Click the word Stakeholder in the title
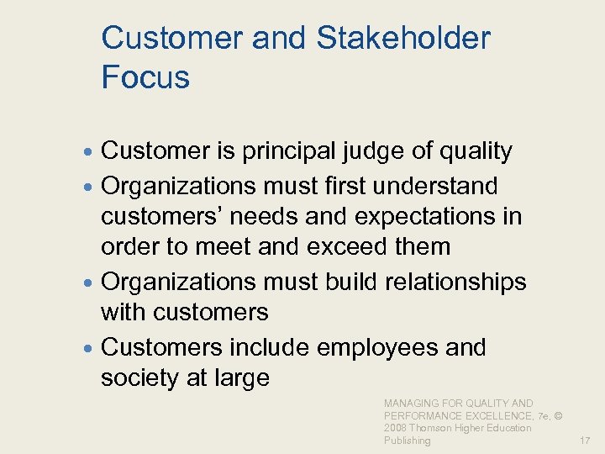pos(404,38)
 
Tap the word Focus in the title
pos(145,77)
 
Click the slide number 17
pos(585,440)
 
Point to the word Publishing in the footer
pos(408,440)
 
